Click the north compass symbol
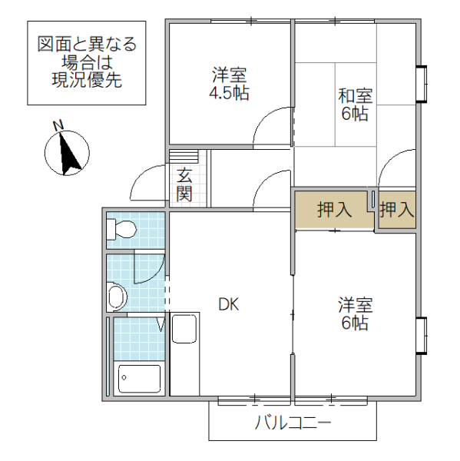[67, 151]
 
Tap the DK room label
[229, 304]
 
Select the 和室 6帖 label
[355, 105]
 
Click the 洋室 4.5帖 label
[230, 85]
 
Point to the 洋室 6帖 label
[355, 313]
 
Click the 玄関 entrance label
[184, 184]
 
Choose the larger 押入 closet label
[335, 209]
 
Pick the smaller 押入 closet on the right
[397, 209]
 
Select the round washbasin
[117, 296]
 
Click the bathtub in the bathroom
[139, 379]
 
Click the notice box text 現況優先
[87, 79]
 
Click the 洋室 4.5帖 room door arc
[273, 127]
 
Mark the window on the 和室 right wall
[422, 85]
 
